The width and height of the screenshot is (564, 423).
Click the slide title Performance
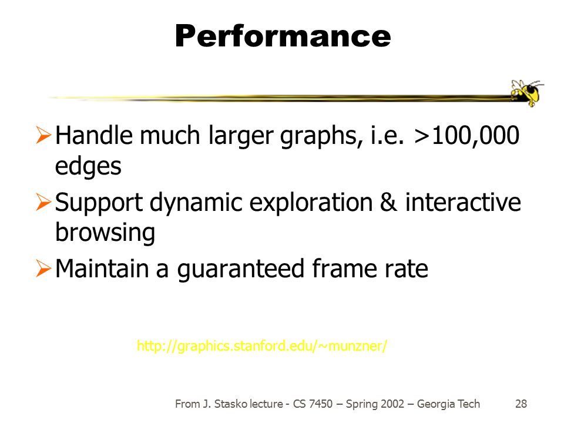[283, 36]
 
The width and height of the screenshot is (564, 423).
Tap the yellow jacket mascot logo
[526, 92]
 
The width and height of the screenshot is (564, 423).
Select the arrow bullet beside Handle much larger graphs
[43, 135]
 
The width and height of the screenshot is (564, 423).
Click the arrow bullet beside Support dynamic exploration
[43, 202]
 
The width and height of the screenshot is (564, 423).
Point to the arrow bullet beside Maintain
[43, 268]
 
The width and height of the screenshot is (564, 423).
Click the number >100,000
[466, 136]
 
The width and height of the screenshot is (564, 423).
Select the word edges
[88, 166]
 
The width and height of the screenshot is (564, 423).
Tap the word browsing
[105, 233]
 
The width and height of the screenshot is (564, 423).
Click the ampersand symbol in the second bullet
[388, 202]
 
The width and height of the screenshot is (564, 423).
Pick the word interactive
[463, 202]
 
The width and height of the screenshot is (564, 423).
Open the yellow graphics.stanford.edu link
[262, 345]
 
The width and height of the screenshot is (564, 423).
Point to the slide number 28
[521, 404]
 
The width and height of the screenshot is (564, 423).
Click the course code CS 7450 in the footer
[313, 404]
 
